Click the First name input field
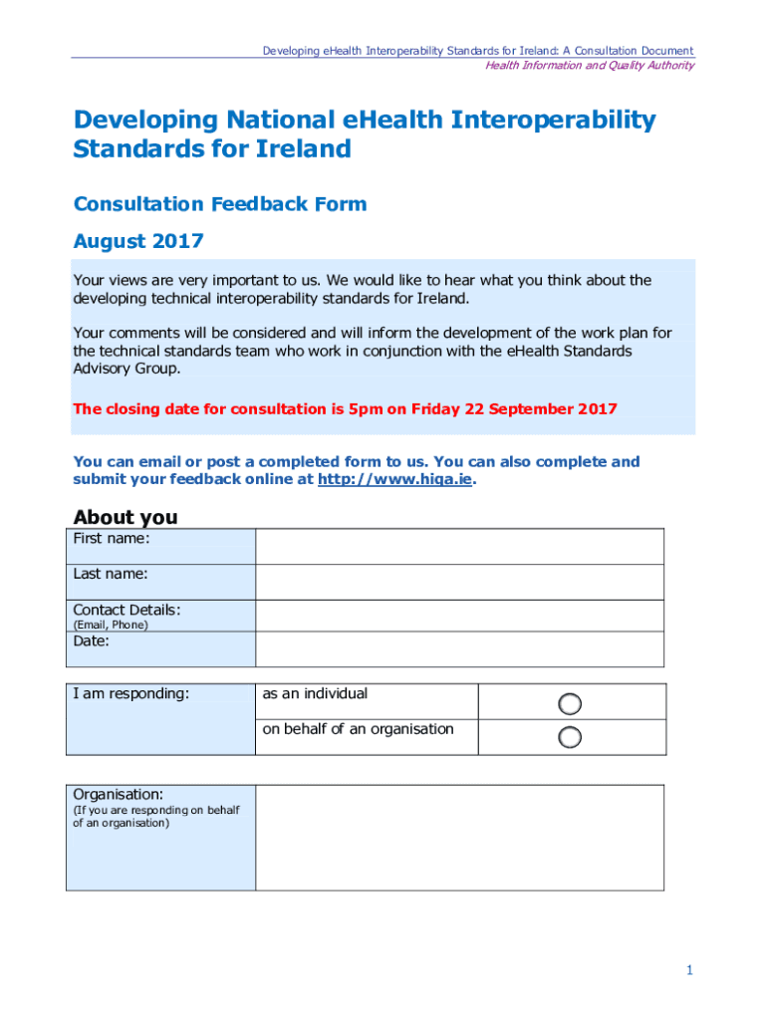click(x=459, y=546)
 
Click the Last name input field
click(x=459, y=582)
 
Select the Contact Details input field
click(x=459, y=616)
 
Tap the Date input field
click(x=459, y=648)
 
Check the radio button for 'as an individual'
click(x=570, y=704)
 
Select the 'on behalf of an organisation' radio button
click(x=570, y=737)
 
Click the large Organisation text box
click(x=459, y=837)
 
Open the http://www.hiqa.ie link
click(x=394, y=479)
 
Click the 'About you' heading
click(x=126, y=517)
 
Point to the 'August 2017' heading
click(x=138, y=241)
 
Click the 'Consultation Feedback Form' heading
click(x=220, y=204)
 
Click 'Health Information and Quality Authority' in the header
click(x=589, y=66)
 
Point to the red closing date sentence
click(x=345, y=408)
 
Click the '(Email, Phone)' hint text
click(x=110, y=625)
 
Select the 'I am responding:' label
click(x=130, y=693)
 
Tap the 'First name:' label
click(x=112, y=539)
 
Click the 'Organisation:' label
click(x=118, y=794)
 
